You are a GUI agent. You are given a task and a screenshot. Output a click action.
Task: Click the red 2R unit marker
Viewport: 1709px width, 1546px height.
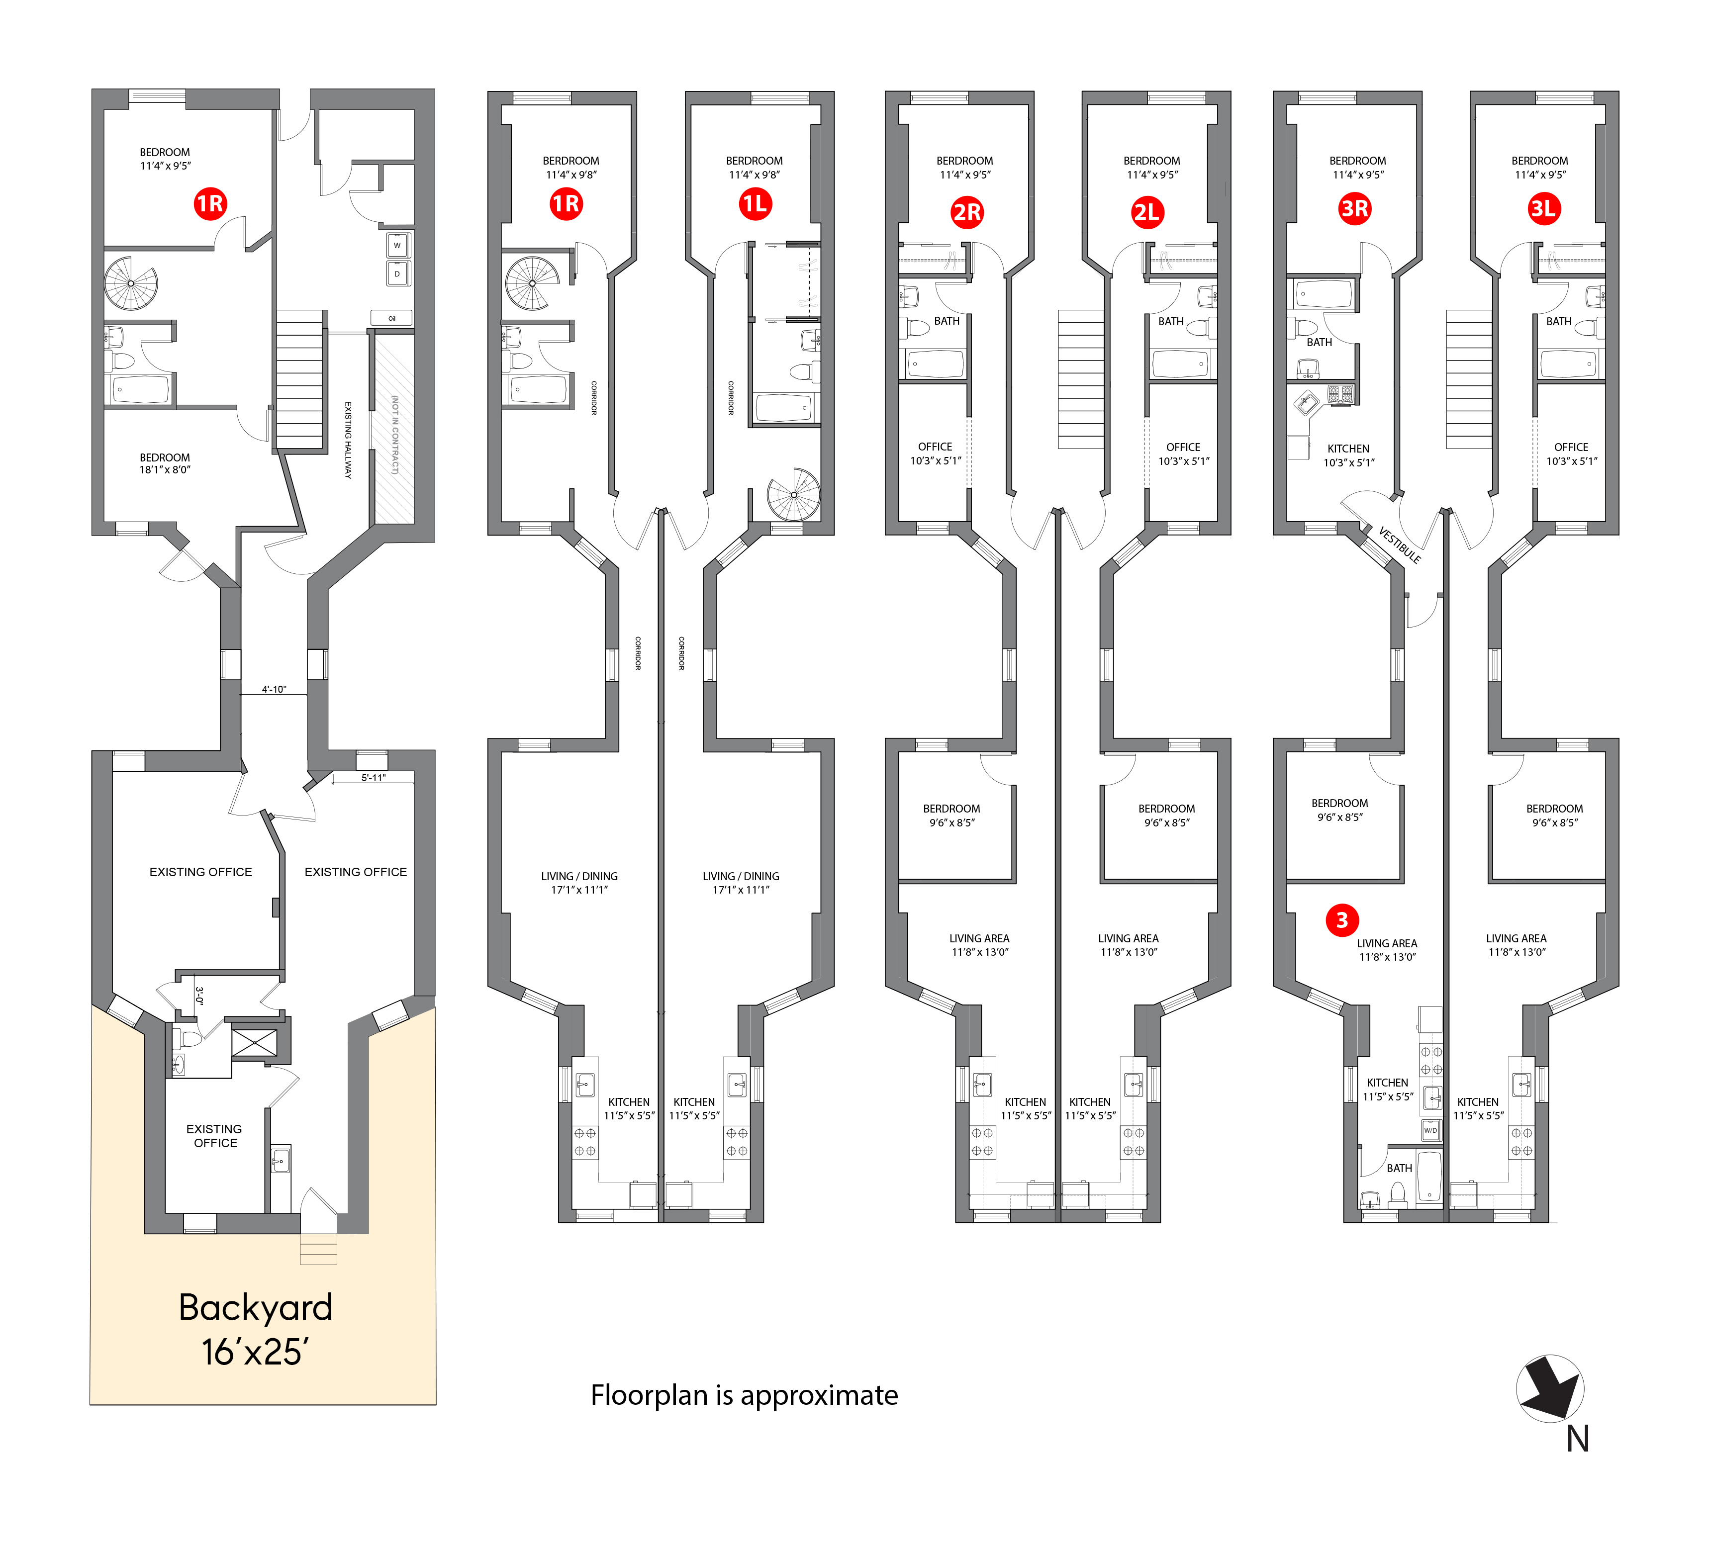pos(967,212)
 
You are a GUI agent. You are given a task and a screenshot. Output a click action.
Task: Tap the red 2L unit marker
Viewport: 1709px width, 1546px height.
pos(1146,212)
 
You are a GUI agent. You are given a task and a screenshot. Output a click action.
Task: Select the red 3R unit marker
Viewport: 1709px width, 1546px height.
pos(1355,208)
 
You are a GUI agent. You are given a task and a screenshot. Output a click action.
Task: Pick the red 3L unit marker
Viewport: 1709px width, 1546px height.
pos(1543,208)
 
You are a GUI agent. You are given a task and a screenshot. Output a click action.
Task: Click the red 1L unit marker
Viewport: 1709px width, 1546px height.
pos(755,203)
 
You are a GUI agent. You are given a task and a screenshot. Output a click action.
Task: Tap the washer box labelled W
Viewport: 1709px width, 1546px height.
pos(397,246)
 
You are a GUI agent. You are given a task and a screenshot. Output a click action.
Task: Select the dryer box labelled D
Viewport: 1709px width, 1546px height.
pos(397,274)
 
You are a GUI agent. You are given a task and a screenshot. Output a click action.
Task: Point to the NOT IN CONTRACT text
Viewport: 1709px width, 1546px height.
pos(395,434)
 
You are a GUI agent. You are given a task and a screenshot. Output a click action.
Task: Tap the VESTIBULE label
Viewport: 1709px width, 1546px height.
pos(1400,545)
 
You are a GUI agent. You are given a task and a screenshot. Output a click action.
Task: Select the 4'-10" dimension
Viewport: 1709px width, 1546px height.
pos(274,689)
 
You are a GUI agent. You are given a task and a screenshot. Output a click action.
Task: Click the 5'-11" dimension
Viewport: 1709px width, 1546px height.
pos(373,777)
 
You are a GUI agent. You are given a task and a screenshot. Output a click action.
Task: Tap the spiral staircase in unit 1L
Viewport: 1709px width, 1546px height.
pos(793,494)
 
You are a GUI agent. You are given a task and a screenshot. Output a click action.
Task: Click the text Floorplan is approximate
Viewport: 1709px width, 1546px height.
pos(744,1395)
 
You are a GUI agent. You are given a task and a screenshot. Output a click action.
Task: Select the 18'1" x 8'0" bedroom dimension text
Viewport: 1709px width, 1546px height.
pos(165,469)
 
